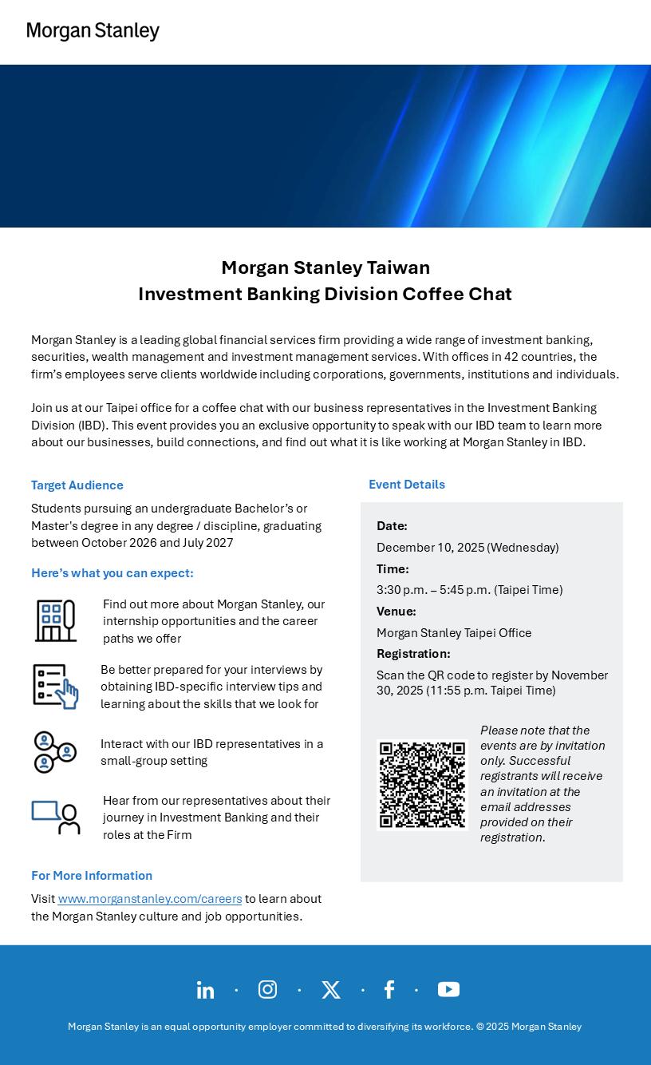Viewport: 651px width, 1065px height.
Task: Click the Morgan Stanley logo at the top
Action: point(93,31)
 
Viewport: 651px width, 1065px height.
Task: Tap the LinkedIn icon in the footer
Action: point(205,990)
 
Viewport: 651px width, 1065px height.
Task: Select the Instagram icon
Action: point(267,990)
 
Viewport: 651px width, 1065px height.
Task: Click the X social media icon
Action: point(330,990)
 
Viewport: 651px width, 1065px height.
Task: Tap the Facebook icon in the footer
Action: point(389,990)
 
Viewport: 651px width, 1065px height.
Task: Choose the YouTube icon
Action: point(448,990)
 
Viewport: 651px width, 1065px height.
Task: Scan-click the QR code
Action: point(422,785)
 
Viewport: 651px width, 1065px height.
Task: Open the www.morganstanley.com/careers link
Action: point(150,899)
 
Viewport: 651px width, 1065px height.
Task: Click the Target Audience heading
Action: point(77,485)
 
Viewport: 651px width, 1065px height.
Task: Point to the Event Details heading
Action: point(407,485)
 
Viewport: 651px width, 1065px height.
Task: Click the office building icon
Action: point(55,620)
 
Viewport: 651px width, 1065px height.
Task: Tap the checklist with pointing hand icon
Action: point(55,686)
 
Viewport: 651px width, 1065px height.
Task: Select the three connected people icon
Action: point(55,752)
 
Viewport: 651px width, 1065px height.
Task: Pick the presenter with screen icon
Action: point(56,818)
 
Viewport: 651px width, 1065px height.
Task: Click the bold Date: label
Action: point(392,526)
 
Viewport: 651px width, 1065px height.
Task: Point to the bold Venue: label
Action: point(397,612)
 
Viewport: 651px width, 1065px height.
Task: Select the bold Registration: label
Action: point(413,654)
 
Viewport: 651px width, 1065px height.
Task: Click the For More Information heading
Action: point(92,876)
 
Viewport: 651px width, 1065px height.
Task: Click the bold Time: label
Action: point(393,569)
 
